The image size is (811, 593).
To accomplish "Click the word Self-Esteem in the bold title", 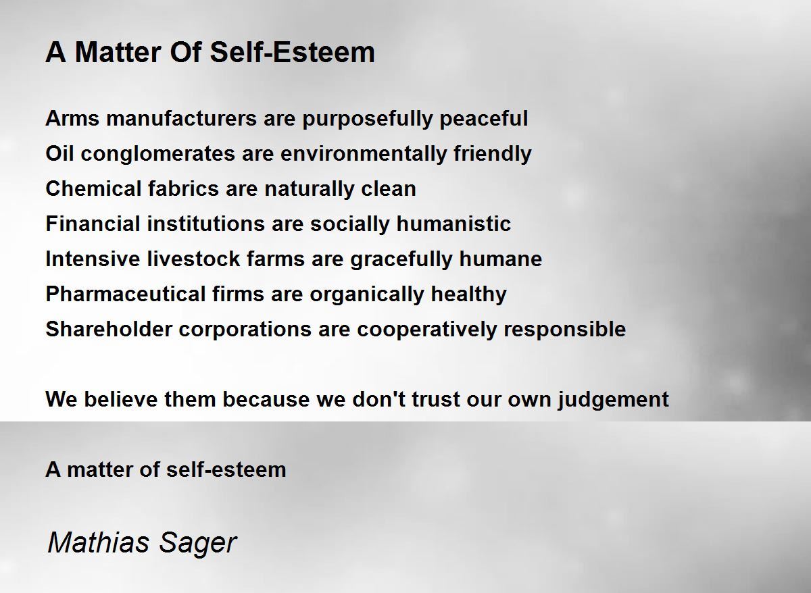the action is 292,52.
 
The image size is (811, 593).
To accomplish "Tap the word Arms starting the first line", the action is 72,118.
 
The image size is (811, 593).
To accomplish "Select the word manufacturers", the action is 181,118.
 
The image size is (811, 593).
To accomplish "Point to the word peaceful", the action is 484,120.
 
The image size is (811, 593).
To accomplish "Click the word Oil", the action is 59,153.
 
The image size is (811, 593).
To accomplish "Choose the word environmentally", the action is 364,155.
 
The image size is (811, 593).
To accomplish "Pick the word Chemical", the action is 93,188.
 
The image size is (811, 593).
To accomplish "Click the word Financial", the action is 93,224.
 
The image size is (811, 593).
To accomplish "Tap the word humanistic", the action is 453,224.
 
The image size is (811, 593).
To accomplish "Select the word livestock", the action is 194,259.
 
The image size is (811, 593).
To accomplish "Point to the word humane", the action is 501,259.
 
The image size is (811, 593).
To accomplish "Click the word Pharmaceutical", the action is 126,294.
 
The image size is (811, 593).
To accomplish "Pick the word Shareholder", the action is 109,329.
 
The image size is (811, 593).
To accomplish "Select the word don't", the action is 378,399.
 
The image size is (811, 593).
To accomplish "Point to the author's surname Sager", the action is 197,544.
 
